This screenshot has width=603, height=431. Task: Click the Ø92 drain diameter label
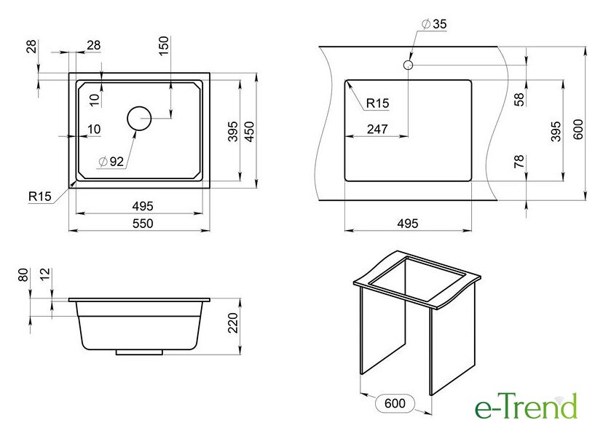point(111,162)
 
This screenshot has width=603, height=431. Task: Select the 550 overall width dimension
point(143,224)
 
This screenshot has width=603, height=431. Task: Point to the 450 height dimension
point(250,132)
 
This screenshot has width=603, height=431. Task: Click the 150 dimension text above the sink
point(163,46)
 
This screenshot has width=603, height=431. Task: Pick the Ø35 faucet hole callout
point(434,24)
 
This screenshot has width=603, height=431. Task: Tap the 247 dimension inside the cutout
point(377,129)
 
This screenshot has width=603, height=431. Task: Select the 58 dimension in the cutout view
point(519,99)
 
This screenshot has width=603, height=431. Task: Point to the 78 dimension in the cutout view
point(519,162)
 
